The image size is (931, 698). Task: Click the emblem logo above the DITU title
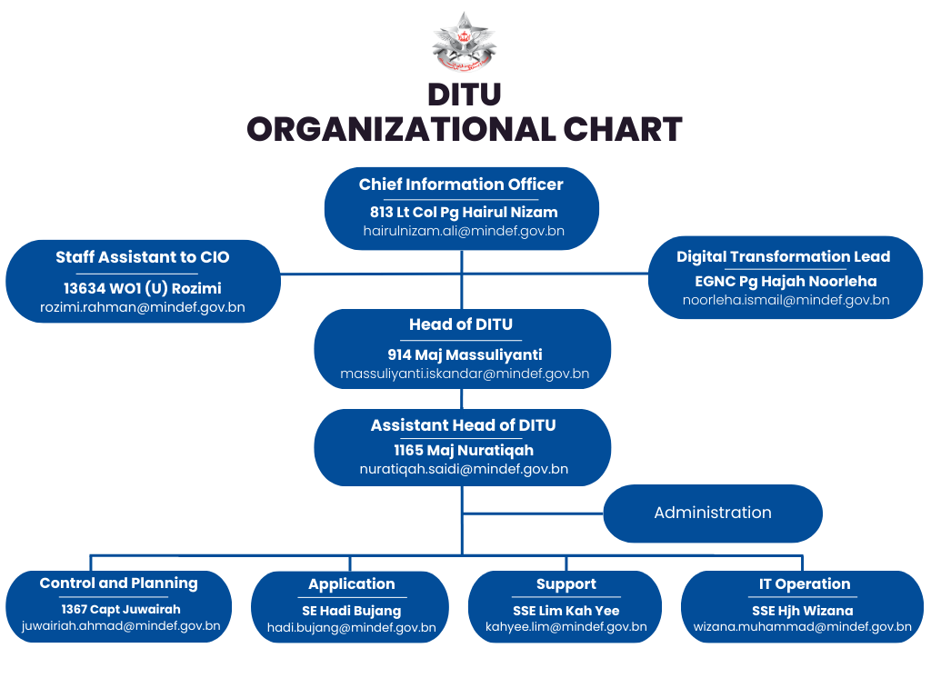(x=464, y=41)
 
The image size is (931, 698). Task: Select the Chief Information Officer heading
(x=461, y=184)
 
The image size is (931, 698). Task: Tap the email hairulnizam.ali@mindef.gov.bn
(x=464, y=231)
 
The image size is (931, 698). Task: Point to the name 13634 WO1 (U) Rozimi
(x=143, y=288)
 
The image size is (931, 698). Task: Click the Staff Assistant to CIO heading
(x=143, y=257)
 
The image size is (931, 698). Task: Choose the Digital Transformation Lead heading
(x=783, y=257)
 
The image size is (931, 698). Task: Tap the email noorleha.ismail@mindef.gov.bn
(x=786, y=300)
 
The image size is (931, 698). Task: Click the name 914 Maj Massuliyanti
(x=465, y=355)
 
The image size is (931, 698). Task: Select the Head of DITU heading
(x=461, y=324)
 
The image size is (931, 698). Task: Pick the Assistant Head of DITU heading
(x=463, y=425)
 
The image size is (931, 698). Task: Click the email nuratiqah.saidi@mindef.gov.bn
(x=464, y=469)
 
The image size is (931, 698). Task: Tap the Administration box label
(x=713, y=513)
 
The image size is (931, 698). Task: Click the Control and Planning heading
(x=119, y=583)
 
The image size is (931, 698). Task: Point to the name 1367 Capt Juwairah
(x=121, y=610)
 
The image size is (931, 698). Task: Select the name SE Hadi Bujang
(x=352, y=611)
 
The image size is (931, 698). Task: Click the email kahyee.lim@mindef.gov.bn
(x=566, y=627)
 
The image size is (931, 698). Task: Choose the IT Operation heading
(x=805, y=584)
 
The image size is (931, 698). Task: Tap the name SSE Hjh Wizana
(x=802, y=611)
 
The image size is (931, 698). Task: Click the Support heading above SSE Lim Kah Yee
(x=566, y=584)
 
